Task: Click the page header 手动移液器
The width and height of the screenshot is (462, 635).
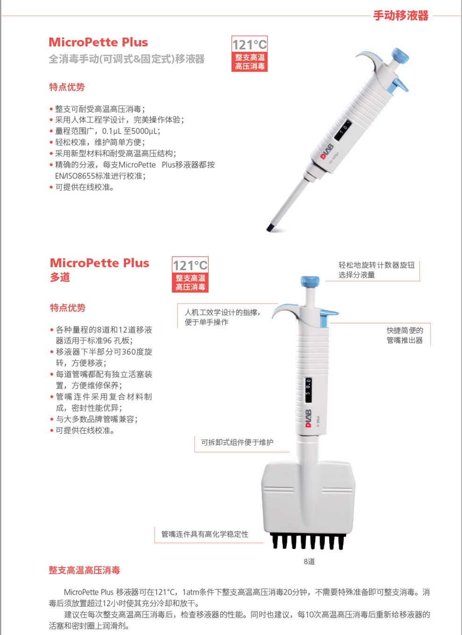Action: [x=400, y=15]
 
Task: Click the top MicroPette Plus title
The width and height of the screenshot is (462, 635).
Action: [x=98, y=42]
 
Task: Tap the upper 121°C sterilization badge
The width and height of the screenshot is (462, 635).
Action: [x=250, y=54]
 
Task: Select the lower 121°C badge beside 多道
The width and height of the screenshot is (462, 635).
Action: [x=190, y=275]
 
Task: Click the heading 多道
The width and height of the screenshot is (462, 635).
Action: [x=60, y=277]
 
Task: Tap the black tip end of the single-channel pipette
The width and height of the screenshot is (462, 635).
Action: [x=270, y=227]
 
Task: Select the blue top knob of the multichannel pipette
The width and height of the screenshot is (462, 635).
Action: [x=309, y=282]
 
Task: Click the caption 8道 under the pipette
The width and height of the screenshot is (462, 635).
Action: [x=309, y=561]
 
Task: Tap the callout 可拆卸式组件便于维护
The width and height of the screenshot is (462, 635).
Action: [x=237, y=442]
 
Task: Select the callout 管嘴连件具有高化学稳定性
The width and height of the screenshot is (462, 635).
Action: [x=205, y=534]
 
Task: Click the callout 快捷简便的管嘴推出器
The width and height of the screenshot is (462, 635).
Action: [x=404, y=335]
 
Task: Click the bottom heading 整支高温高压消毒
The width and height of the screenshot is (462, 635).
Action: [x=84, y=570]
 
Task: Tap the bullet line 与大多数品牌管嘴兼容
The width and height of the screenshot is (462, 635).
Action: [x=96, y=419]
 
